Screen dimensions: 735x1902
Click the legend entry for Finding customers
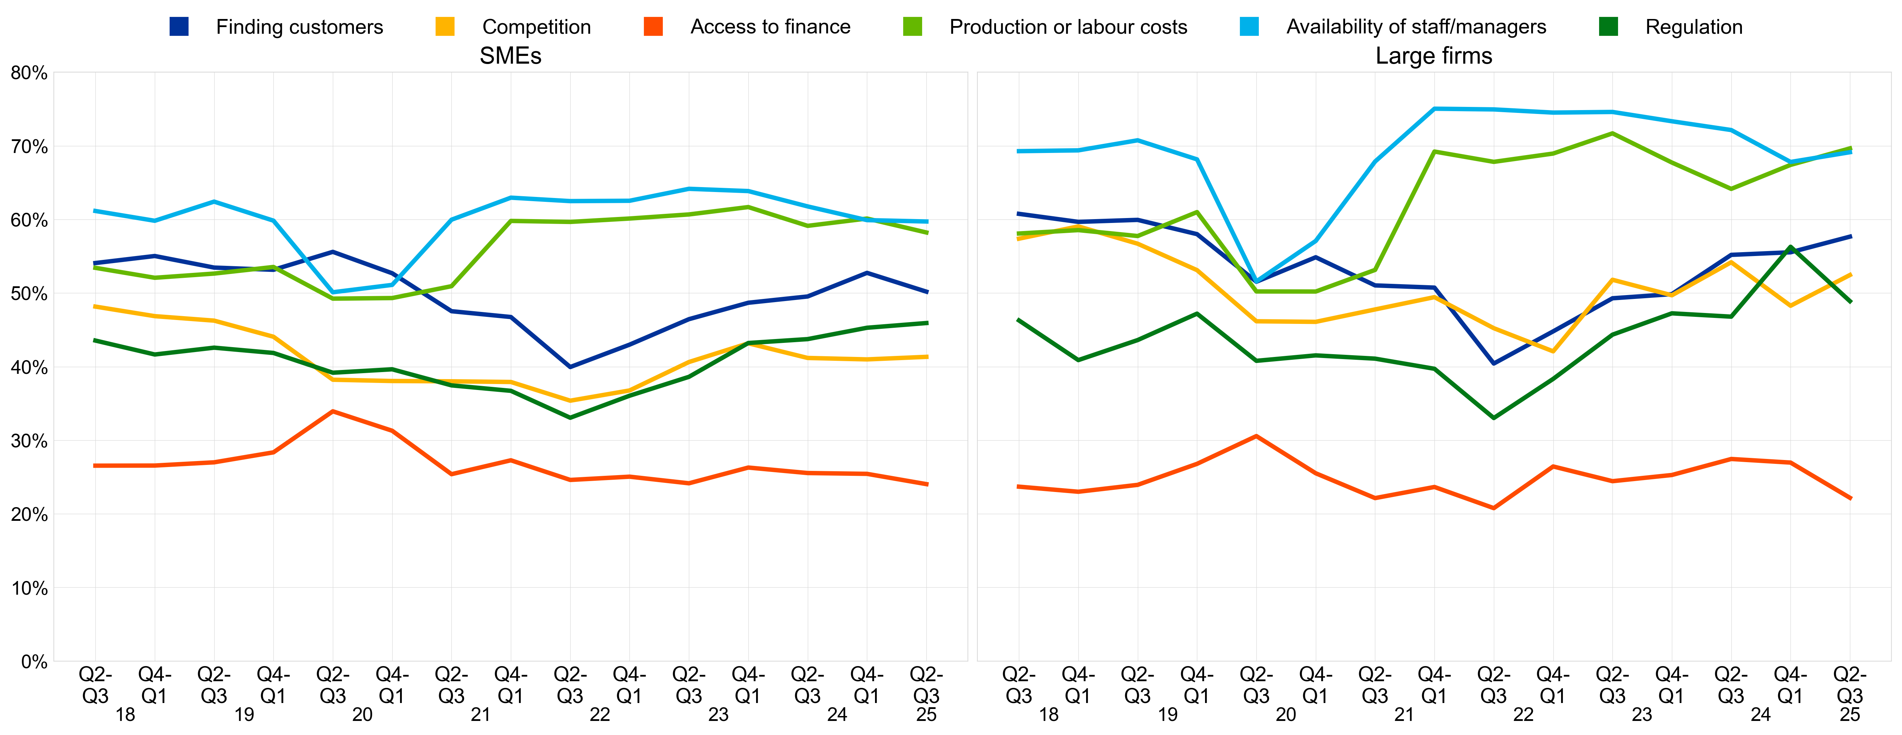coord(299,27)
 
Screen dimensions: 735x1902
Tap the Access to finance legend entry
coord(770,27)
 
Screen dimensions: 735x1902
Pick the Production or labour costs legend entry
coord(1068,27)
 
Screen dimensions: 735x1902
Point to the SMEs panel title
coord(510,56)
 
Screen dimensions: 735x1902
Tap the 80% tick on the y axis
coord(30,73)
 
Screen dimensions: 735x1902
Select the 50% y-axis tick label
coord(30,294)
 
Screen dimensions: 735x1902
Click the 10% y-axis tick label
coord(30,588)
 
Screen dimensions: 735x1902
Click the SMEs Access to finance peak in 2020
coord(333,411)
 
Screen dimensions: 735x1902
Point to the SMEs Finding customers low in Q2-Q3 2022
coord(570,367)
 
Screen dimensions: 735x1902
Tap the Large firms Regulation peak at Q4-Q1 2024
coord(1790,247)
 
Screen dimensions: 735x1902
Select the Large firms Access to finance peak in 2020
coord(1256,436)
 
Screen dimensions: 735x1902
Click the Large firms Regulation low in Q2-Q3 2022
coord(1494,418)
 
